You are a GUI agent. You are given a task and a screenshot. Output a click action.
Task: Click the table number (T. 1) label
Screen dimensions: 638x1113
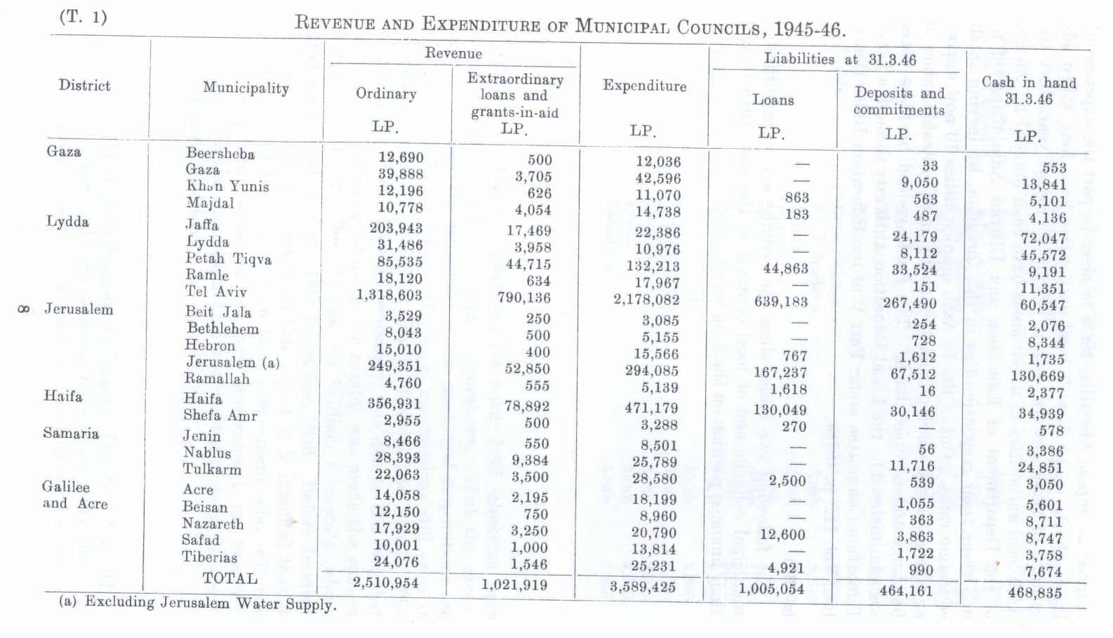(84, 18)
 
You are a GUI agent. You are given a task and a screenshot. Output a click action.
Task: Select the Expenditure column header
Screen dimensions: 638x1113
(644, 86)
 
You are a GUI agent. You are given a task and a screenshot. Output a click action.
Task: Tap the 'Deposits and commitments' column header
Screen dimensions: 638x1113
(899, 101)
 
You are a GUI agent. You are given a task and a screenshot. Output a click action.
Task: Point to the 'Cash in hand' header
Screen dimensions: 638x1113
(1028, 91)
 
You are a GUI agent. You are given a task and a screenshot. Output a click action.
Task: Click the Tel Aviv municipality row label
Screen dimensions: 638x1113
(215, 291)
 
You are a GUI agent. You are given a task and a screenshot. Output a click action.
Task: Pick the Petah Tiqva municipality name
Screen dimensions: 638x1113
(228, 258)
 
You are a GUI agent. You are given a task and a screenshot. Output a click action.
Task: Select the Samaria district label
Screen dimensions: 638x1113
(70, 433)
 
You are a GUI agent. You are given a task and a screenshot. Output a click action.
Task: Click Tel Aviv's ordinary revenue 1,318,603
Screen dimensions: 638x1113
(389, 295)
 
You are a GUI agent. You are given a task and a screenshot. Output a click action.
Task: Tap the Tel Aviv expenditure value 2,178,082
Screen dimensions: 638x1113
(646, 300)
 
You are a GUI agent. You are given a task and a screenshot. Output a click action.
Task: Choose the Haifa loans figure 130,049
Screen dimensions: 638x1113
(780, 410)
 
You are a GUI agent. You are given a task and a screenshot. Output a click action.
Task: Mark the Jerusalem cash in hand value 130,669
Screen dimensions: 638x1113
(1037, 376)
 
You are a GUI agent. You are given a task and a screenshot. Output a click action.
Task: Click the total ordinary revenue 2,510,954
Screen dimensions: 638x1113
(385, 583)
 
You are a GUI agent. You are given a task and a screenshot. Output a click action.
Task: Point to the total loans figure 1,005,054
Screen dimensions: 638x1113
(771, 589)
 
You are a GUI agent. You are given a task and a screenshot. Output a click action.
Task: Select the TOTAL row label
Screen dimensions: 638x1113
(229, 578)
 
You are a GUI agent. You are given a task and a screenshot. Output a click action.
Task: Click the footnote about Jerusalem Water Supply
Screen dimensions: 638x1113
(197, 603)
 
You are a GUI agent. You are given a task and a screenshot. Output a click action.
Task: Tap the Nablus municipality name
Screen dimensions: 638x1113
(207, 453)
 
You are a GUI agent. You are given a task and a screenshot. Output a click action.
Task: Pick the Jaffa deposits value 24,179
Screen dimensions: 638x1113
(914, 237)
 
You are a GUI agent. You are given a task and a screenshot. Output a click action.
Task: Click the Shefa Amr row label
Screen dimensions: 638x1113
(220, 416)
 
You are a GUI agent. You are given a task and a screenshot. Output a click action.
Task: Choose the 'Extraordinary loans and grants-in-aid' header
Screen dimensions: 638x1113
(515, 95)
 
